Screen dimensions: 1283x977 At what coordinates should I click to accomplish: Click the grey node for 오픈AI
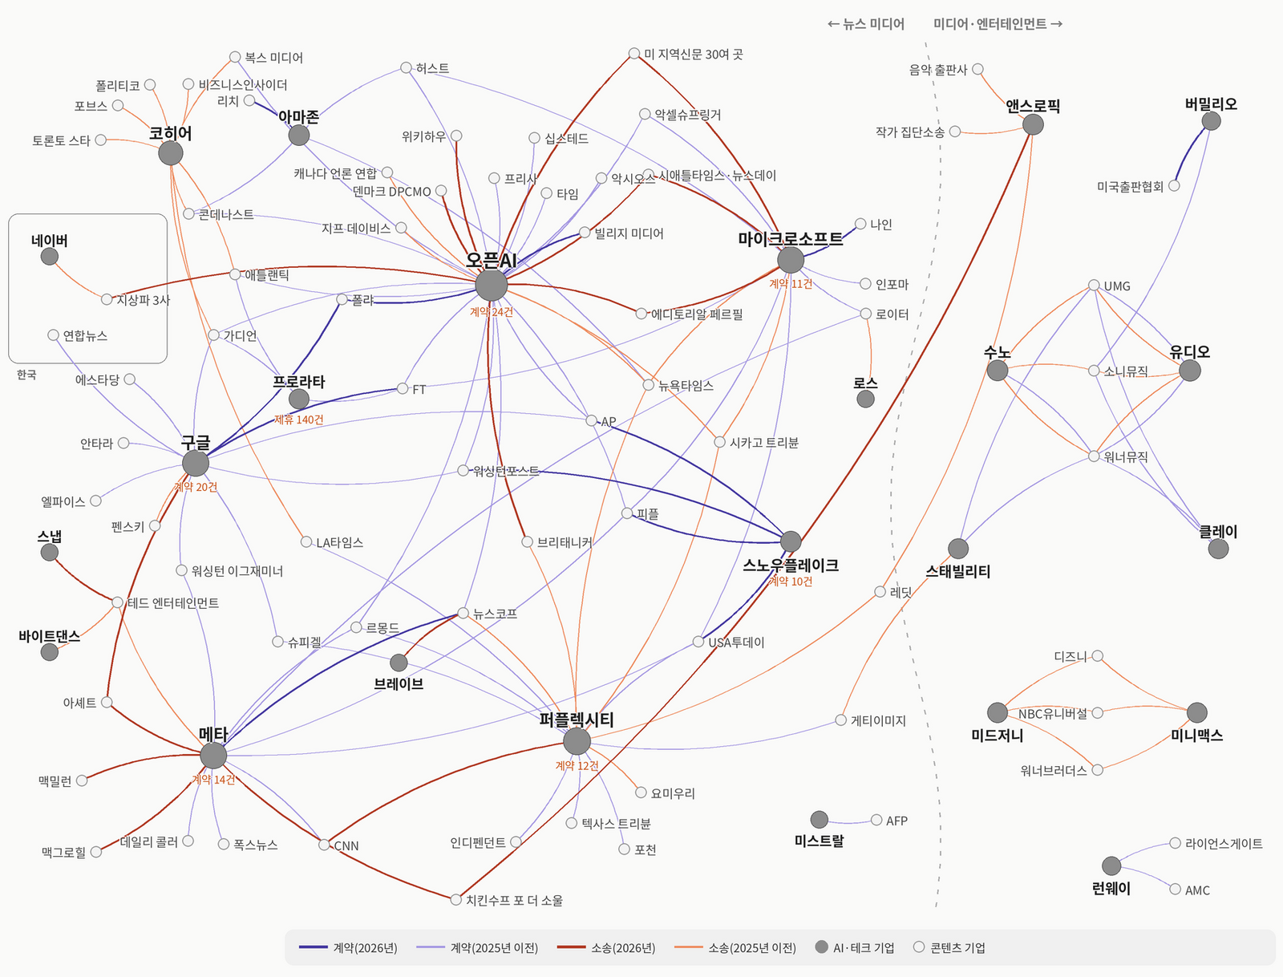491,286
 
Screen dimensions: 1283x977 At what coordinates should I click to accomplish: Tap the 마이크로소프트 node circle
791,260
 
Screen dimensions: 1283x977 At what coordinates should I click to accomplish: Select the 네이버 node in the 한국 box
50,256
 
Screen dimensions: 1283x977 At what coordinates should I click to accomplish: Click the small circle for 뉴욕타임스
648,385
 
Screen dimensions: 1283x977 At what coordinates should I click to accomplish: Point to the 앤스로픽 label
1033,106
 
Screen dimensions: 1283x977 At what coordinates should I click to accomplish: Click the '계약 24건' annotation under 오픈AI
491,312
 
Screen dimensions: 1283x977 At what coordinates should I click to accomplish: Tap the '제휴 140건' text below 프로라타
298,420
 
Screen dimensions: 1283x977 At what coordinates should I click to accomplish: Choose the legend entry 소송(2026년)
606,947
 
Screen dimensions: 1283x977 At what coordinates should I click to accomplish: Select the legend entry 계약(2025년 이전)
477,947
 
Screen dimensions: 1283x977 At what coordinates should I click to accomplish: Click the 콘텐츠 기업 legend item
950,947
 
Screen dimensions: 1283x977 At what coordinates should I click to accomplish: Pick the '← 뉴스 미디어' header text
866,24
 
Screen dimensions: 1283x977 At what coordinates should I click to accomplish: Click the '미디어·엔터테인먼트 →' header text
998,24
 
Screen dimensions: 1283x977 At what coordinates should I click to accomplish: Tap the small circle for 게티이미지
840,720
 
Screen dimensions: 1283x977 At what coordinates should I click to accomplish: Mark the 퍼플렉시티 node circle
577,741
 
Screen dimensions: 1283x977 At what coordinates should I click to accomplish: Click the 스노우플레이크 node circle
791,541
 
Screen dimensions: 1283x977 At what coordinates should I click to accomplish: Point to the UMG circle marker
1094,285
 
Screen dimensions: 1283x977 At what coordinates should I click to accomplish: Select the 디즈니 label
1071,657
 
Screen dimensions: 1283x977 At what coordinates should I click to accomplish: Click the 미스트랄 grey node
819,820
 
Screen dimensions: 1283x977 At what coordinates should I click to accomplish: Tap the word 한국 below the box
26,375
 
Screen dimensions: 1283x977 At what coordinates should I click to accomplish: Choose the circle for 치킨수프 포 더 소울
456,899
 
